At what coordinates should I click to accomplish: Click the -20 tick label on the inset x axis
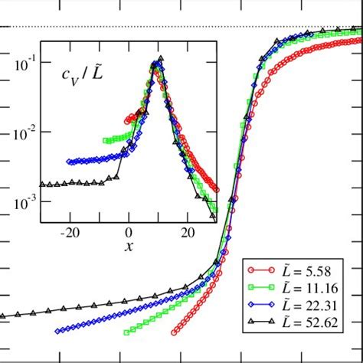tap(70, 231)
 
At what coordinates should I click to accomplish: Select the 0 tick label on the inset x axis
tap(129, 231)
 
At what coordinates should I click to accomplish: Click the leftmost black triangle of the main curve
tap(2, 315)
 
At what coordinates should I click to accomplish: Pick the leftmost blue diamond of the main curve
tap(58, 331)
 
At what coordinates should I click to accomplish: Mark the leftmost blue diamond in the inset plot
tap(70, 162)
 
